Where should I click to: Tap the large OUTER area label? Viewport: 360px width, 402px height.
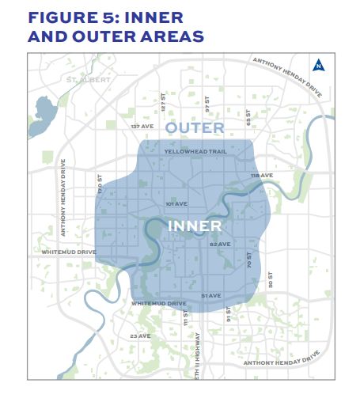point(195,127)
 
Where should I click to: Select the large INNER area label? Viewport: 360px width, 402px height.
point(194,226)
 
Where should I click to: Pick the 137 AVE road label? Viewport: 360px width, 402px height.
point(142,127)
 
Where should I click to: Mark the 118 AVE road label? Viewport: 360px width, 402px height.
point(261,175)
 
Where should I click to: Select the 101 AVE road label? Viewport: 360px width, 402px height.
point(176,203)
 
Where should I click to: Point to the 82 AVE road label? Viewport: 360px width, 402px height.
point(219,244)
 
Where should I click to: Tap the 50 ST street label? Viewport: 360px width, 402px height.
point(270,279)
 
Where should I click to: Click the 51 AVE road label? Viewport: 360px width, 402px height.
point(210,295)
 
